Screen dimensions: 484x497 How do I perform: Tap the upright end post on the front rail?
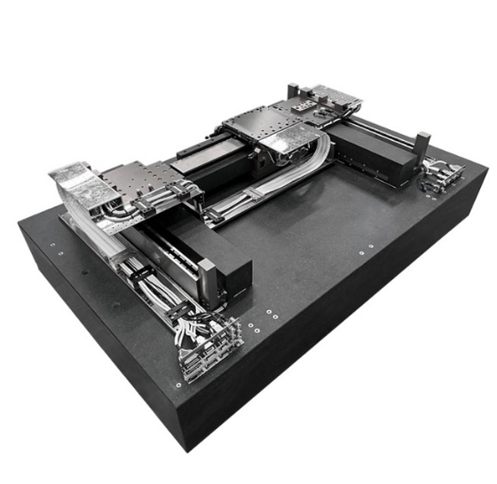coord(207,280)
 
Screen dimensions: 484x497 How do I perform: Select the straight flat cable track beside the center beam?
coord(248,195)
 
